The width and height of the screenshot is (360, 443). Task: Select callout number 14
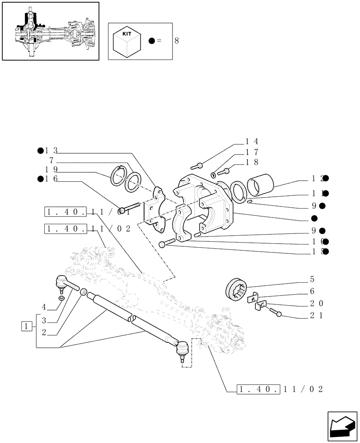click(x=252, y=141)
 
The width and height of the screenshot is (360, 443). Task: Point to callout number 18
click(x=252, y=163)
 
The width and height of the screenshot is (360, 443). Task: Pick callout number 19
click(x=51, y=170)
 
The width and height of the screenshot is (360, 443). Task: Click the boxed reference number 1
click(x=27, y=327)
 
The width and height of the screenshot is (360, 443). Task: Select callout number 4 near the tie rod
click(x=44, y=307)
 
